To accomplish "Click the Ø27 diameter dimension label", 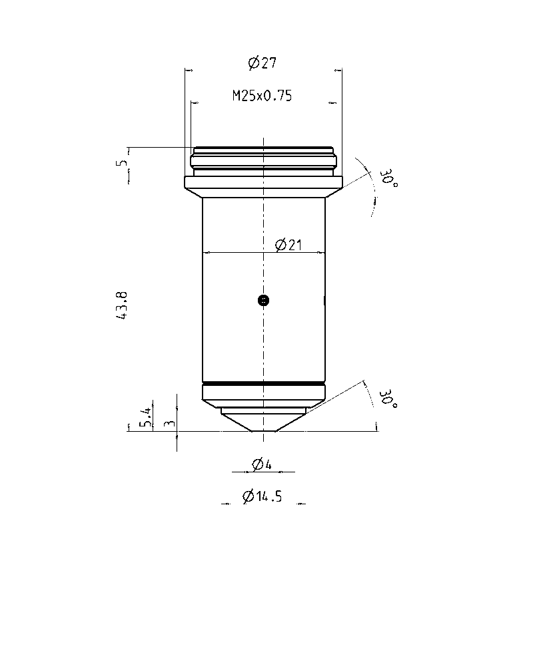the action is point(262,63).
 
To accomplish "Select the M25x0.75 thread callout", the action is point(262,96).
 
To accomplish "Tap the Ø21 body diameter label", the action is point(288,245).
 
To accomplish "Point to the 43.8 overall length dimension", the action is point(123,305).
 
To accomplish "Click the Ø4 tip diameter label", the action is point(262,464).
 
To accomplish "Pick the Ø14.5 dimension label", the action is point(262,496).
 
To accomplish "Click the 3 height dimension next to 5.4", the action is point(170,423).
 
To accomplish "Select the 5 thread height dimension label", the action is point(122,162).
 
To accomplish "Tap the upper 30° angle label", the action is point(388,178).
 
